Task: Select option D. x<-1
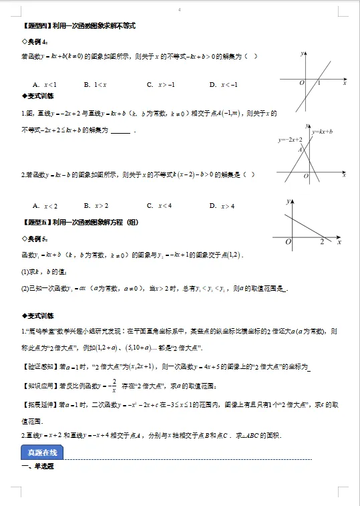(x=223, y=84)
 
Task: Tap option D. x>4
(x=223, y=206)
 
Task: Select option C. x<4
(x=160, y=206)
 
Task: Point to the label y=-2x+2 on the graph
(x=290, y=140)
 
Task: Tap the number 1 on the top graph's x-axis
(x=319, y=83)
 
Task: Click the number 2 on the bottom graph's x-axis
(x=322, y=242)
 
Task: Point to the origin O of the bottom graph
(x=288, y=242)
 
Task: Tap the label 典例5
(x=35, y=239)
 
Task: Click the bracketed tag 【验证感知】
(x=40, y=366)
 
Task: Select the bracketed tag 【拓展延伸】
(x=40, y=405)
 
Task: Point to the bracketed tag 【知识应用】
(x=40, y=386)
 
